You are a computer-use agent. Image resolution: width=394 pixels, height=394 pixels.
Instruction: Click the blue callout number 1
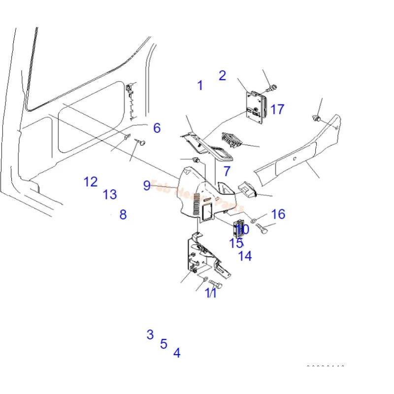click(x=200, y=85)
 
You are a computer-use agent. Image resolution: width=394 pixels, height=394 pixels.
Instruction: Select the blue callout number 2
click(x=222, y=75)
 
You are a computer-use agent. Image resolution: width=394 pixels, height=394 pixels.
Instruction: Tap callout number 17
click(x=277, y=109)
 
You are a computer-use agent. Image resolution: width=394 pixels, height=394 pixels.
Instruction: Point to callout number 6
click(x=157, y=128)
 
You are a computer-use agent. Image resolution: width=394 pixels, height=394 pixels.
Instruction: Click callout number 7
click(x=227, y=171)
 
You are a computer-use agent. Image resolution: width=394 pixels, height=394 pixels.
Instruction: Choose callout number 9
click(x=147, y=185)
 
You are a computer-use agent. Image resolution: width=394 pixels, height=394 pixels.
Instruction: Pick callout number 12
click(x=91, y=182)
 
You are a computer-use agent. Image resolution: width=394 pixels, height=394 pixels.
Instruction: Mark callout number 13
click(x=110, y=195)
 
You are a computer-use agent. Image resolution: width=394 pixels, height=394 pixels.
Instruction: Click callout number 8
click(x=123, y=214)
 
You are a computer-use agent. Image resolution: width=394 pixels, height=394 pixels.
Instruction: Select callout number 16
click(x=278, y=214)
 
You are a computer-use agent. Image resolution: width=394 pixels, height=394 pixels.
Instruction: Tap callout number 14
click(x=245, y=256)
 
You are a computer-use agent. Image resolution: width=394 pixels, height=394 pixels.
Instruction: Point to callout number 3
click(x=150, y=335)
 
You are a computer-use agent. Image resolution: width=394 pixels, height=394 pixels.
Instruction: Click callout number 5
click(x=164, y=344)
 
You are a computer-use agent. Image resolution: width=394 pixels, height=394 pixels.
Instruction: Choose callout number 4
click(x=177, y=353)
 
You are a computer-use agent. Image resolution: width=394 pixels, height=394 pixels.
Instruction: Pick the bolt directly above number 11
click(x=215, y=284)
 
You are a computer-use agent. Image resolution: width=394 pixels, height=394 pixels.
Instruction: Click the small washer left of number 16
click(x=253, y=220)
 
